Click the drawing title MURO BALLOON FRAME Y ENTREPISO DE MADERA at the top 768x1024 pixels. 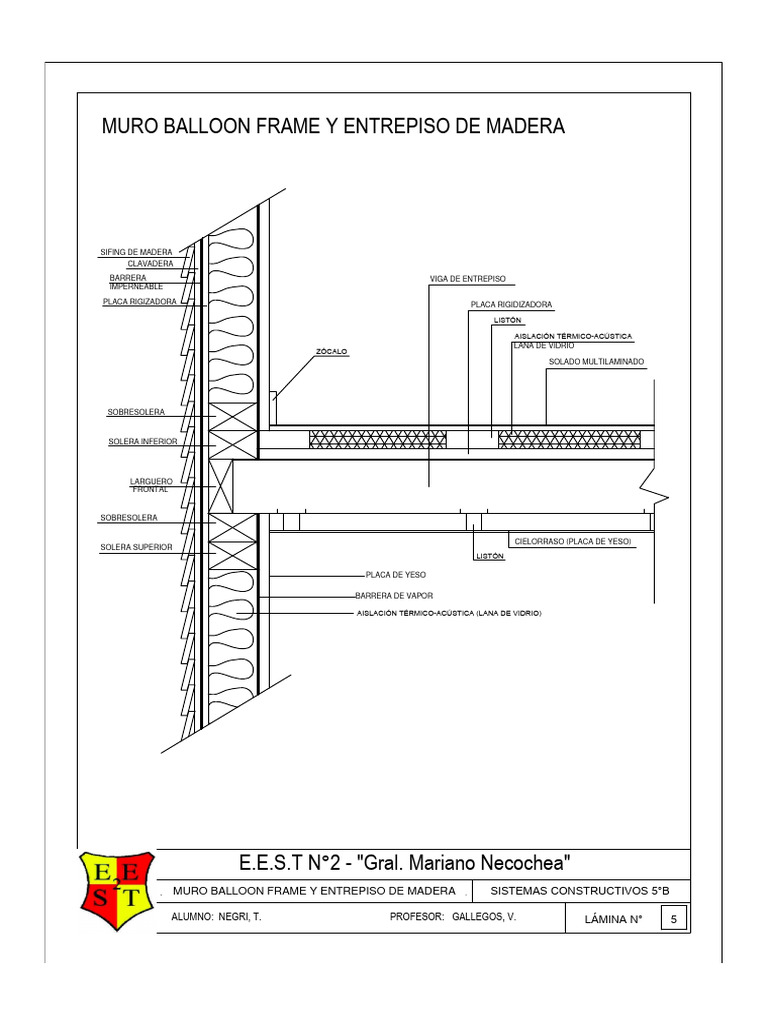pos(334,127)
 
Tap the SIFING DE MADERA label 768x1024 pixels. pos(136,251)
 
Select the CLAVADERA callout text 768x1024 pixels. pos(150,263)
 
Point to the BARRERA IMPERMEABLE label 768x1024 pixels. pos(136,282)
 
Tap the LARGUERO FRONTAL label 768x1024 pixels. pos(152,485)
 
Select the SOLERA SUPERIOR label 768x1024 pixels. pos(136,547)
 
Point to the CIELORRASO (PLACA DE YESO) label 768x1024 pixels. pos(573,541)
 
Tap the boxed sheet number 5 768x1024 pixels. pos(675,920)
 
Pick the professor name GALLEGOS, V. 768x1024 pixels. pos(484,916)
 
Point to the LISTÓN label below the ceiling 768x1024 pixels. pos(489,557)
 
